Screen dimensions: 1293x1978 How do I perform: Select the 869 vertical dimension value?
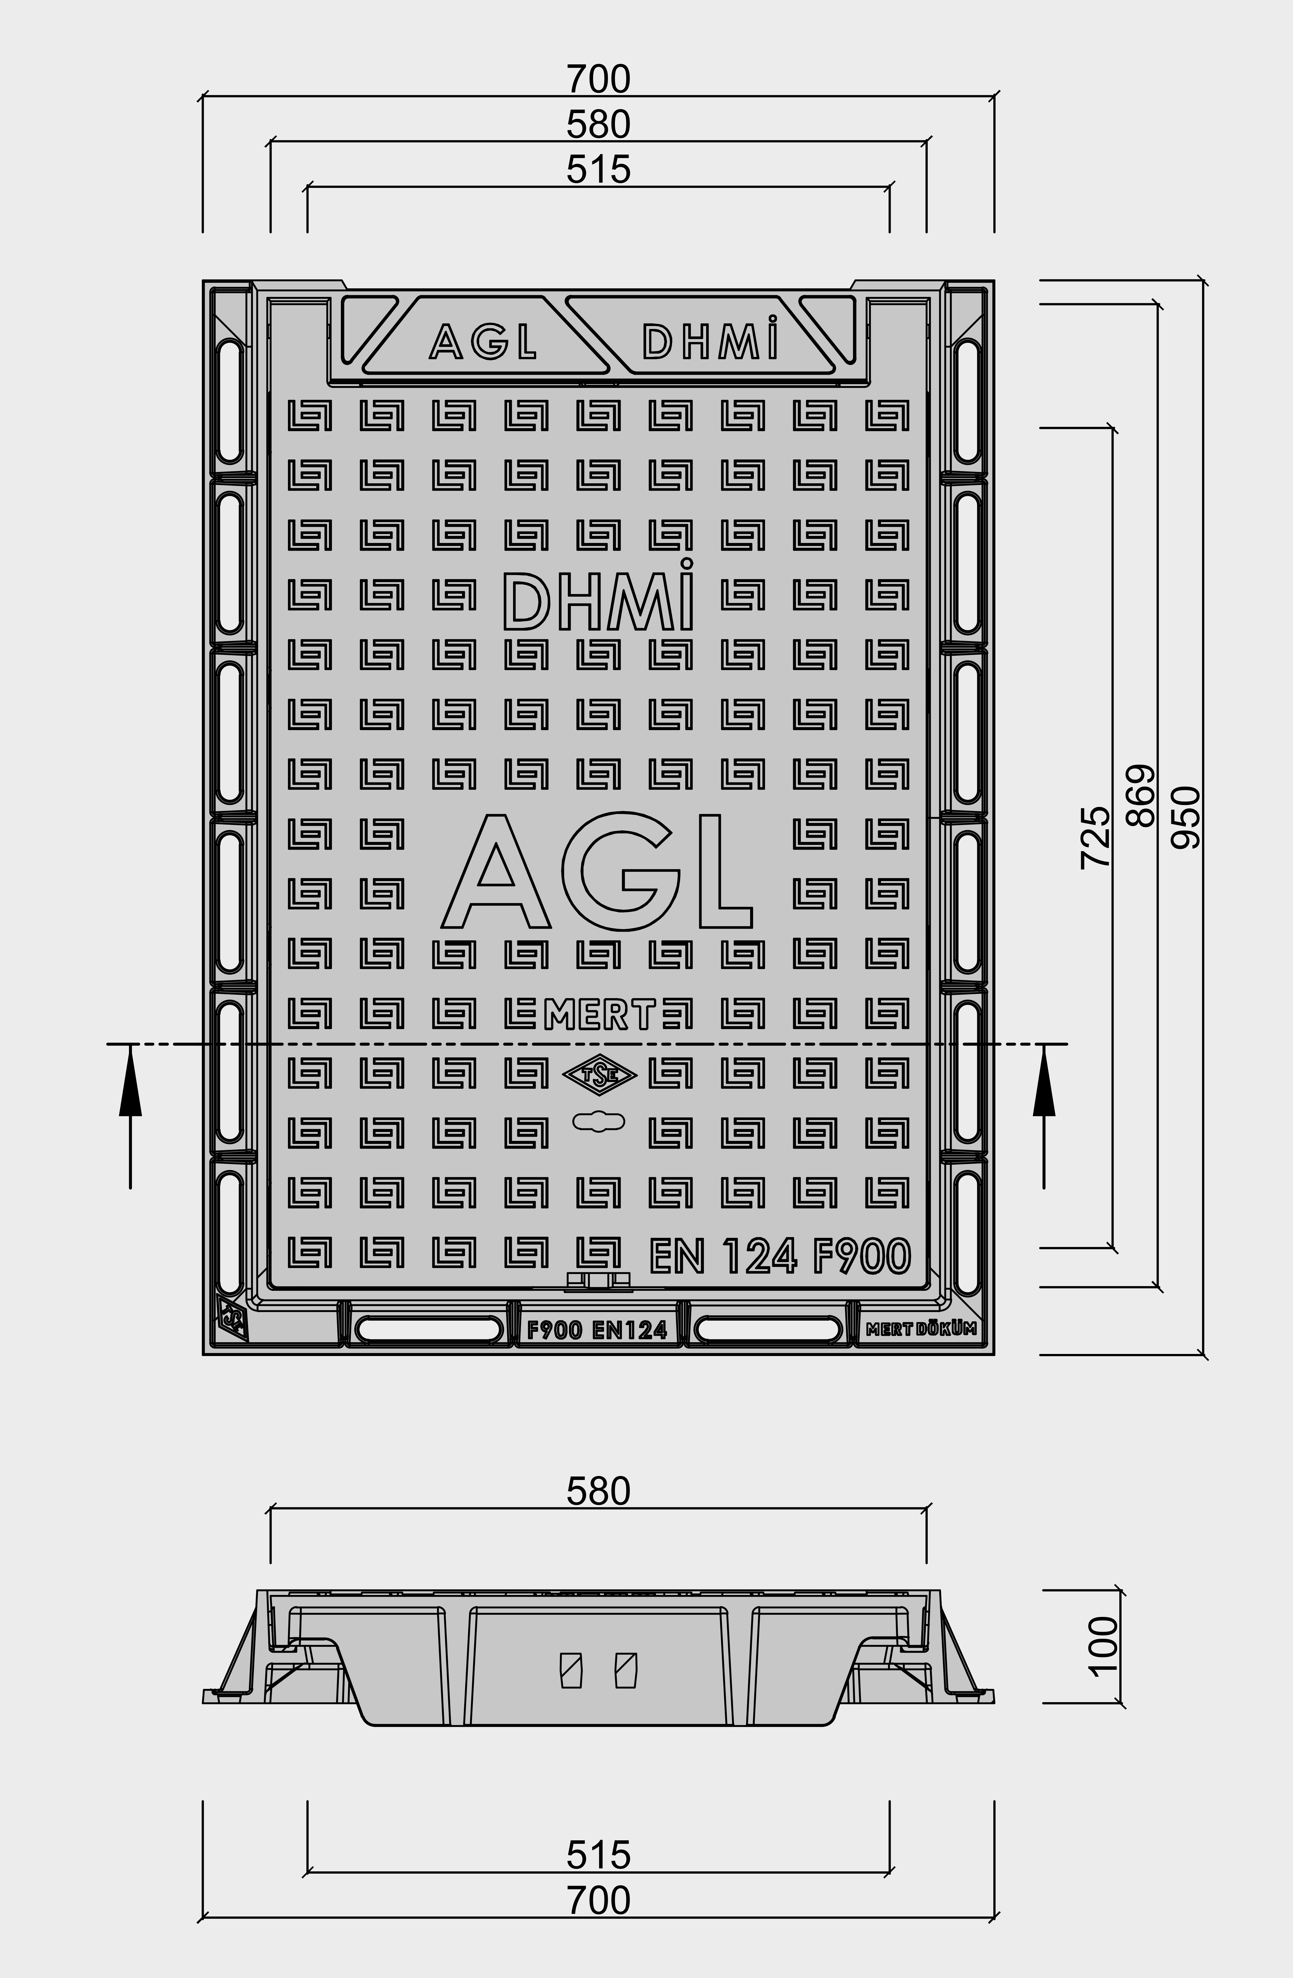click(x=1140, y=795)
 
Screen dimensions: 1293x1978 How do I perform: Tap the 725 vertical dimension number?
click(x=1095, y=837)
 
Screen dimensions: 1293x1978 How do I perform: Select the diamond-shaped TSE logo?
click(x=599, y=1075)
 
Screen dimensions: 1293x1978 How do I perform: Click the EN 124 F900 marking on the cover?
click(x=779, y=1256)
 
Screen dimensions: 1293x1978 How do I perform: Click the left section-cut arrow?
click(x=130, y=1115)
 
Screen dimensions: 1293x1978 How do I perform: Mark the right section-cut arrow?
click(x=1044, y=1115)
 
